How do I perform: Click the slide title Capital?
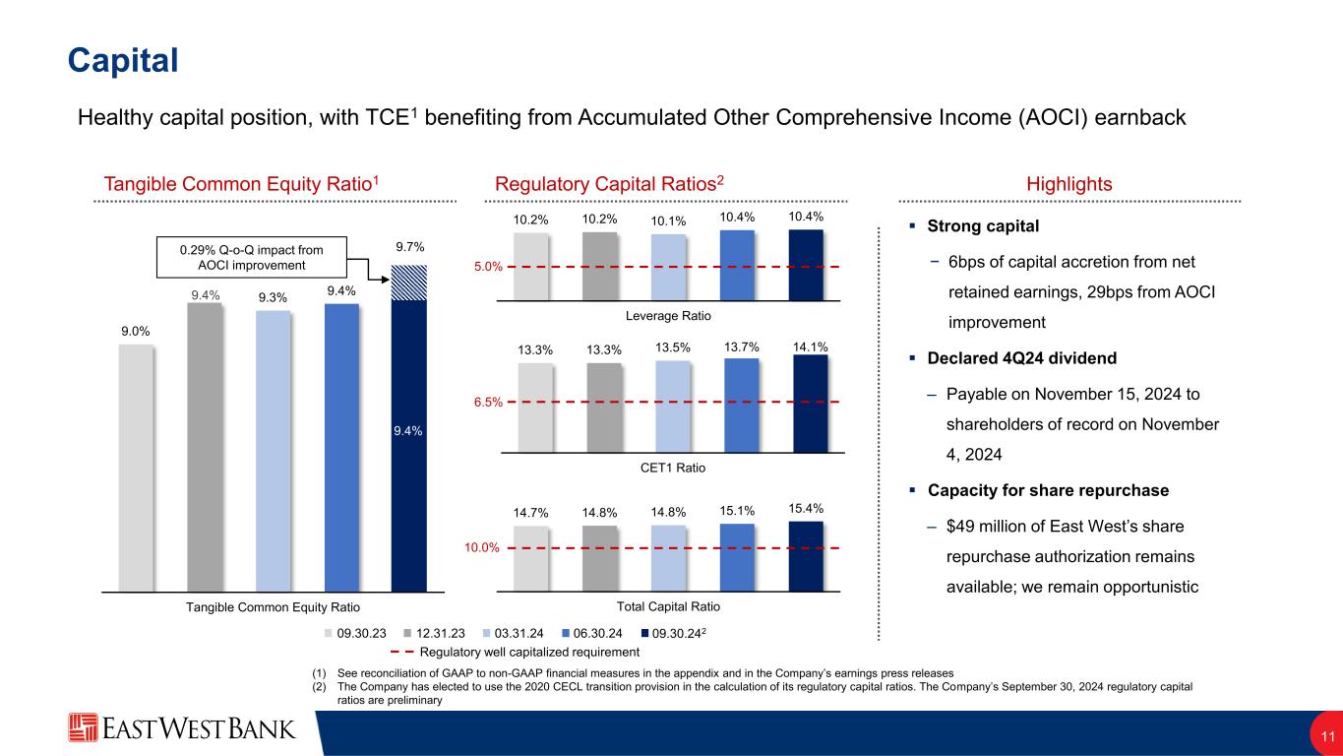(122, 60)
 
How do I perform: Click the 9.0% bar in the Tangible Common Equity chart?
(135, 467)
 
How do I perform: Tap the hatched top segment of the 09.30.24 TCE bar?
(408, 283)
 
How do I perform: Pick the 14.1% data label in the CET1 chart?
(809, 346)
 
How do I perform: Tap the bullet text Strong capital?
(983, 226)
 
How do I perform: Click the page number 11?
(1326, 736)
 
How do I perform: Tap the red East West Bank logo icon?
(84, 728)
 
